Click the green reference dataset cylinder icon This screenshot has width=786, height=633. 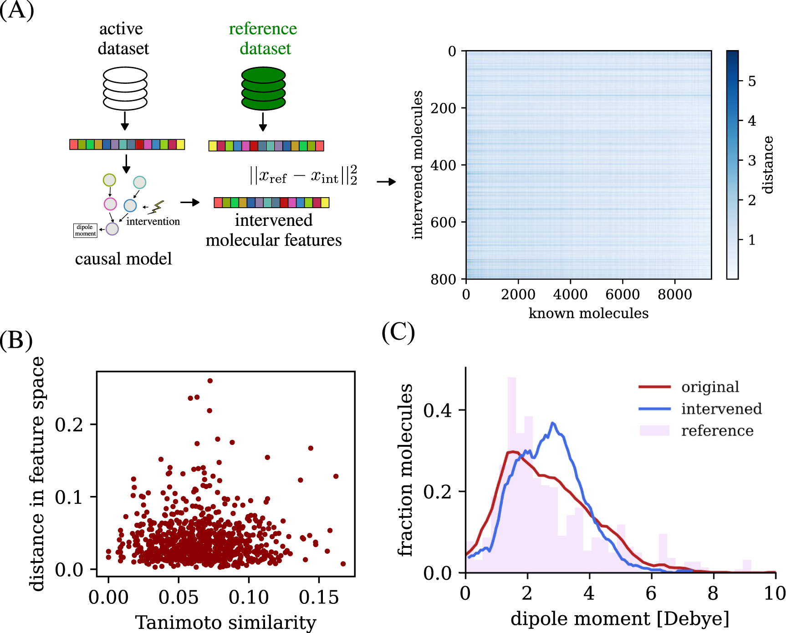click(263, 88)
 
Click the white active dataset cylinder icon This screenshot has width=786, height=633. click(125, 88)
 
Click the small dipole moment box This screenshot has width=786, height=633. click(85, 230)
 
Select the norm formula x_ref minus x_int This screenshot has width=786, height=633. click(303, 175)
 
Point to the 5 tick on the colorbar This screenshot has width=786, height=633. click(752, 82)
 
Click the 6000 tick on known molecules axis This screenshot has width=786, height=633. click(623, 294)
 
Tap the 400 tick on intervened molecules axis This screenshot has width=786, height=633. click(443, 165)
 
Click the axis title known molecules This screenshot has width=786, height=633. click(588, 313)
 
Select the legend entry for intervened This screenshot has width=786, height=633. click(721, 409)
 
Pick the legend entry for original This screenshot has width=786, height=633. click(710, 387)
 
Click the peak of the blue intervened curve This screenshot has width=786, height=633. click(553, 424)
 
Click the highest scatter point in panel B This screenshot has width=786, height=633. click(210, 381)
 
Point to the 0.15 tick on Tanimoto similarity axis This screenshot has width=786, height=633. click(319, 597)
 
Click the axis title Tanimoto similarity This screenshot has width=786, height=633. click(226, 622)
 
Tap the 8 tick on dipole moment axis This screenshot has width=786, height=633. click(713, 593)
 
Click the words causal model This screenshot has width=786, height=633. click(123, 259)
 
